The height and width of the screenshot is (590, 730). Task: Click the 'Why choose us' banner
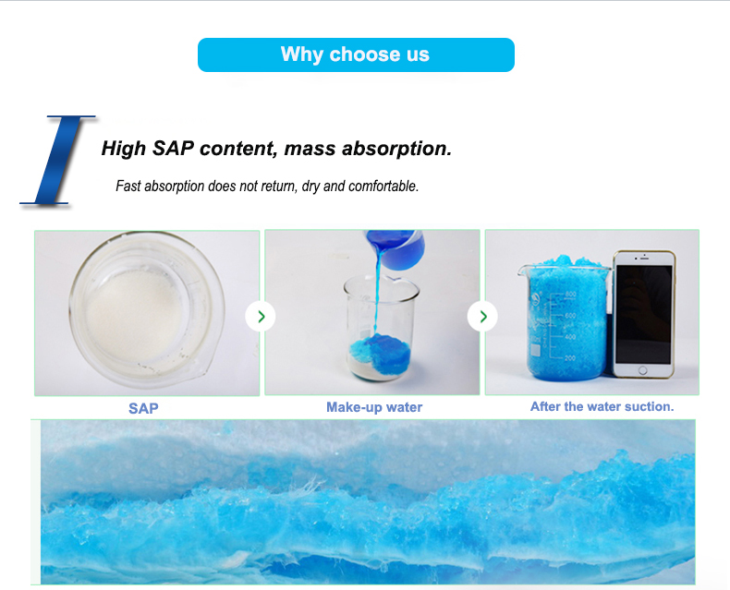(356, 54)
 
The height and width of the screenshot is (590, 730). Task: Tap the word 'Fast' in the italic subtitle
(129, 187)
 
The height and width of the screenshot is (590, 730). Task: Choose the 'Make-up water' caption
(374, 407)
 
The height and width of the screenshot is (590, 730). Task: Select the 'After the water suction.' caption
(602, 406)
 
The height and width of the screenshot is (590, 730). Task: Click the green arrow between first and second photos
(262, 317)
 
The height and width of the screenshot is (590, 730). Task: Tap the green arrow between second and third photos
(482, 317)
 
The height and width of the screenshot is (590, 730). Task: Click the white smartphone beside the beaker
(644, 314)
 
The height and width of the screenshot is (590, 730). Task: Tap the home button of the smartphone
(645, 371)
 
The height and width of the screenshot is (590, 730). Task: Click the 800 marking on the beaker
(570, 295)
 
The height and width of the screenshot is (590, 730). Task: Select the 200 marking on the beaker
(570, 357)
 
